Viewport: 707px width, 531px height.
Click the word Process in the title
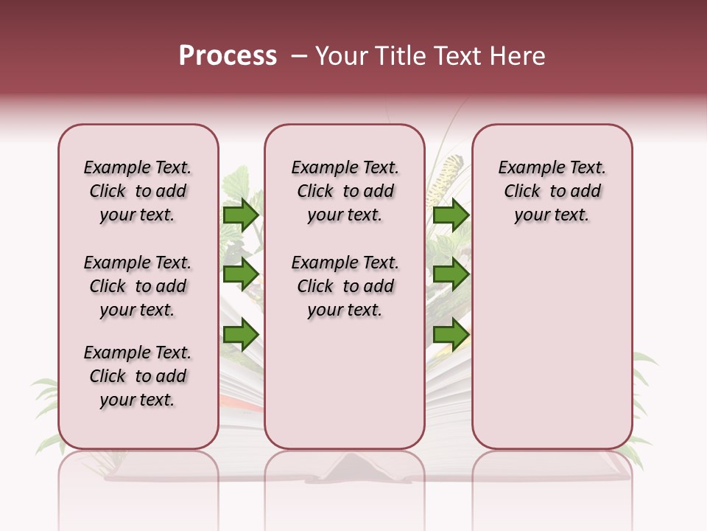[x=228, y=56]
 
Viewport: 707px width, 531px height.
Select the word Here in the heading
[x=519, y=56]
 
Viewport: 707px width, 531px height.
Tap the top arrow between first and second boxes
[x=241, y=215]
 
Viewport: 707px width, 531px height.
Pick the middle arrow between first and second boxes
[x=241, y=274]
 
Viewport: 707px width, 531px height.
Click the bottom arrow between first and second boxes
[x=241, y=335]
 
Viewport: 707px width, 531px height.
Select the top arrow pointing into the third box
[x=451, y=215]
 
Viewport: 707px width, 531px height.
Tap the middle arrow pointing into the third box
[x=451, y=274]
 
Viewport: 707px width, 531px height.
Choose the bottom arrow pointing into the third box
[x=451, y=335]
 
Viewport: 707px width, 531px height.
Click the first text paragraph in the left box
[x=138, y=191]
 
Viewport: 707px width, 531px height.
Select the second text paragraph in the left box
[x=138, y=286]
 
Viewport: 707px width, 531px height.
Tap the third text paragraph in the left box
[x=138, y=376]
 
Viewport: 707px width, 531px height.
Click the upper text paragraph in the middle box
[x=345, y=191]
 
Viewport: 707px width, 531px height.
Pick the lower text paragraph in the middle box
[x=345, y=286]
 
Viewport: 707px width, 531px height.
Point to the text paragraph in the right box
[x=552, y=191]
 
